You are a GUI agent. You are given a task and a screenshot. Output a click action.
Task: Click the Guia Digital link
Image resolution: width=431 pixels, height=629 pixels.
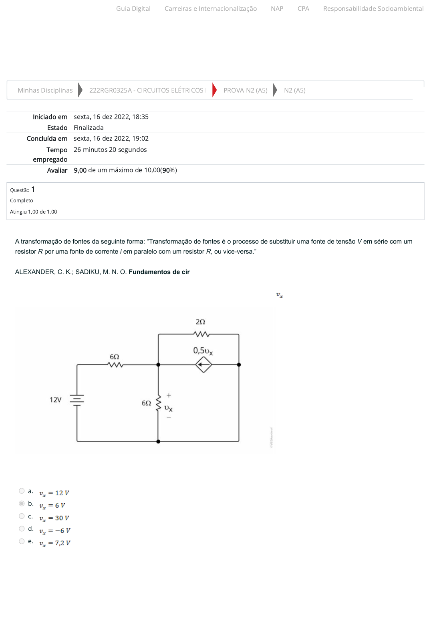coord(133,8)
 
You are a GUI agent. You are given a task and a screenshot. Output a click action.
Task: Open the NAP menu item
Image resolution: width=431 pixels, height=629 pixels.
coord(277,8)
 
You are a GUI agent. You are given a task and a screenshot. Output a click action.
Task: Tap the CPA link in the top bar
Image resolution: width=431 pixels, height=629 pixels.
coord(303,8)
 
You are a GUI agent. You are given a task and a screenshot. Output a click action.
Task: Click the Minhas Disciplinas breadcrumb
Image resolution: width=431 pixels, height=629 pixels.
coord(45,90)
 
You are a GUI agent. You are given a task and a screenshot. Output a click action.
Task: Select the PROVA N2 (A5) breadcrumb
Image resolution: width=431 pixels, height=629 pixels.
coord(245,90)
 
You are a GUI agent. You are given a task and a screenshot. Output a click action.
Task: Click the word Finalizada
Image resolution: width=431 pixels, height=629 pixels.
coord(89,127)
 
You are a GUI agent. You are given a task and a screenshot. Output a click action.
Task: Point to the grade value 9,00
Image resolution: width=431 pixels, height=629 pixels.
coord(80,170)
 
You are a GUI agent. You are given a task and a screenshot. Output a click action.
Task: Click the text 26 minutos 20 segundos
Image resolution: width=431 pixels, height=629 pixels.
coord(110,149)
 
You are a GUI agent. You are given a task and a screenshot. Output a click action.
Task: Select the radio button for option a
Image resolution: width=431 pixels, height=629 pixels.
coord(22,491)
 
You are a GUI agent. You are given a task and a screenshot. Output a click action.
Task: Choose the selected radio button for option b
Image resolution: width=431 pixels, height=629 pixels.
coord(22,503)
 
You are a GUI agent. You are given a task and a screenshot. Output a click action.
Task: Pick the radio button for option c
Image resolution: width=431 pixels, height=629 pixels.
coord(22,516)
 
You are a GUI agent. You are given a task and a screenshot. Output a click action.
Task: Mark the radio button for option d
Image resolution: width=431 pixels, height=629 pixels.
coord(22,528)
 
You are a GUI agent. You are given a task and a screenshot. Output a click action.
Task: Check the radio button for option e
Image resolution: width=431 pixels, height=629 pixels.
coord(22,541)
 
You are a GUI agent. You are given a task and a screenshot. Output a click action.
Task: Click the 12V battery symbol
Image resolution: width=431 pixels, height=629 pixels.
coord(77,400)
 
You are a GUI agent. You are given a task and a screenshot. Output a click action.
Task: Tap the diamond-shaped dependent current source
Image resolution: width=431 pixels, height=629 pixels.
coord(203,365)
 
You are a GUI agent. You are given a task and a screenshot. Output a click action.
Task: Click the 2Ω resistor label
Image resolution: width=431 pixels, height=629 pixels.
coord(200,322)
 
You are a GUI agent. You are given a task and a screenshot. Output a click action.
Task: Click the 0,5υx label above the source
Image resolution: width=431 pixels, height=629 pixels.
coord(203,351)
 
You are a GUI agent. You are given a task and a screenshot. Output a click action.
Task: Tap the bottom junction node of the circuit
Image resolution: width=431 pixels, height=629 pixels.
coord(158,442)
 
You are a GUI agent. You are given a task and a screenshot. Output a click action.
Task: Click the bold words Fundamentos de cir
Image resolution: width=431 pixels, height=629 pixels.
coord(159,272)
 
